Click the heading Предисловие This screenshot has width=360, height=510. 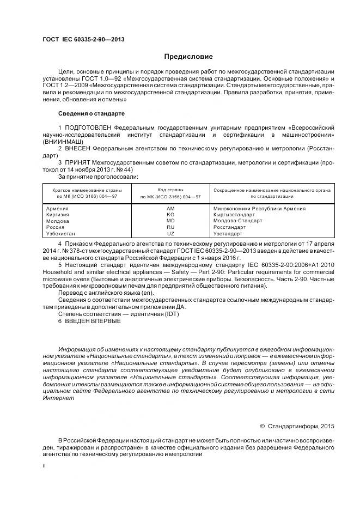click(188, 57)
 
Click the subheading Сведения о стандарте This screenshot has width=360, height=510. click(91, 113)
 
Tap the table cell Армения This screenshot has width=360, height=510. click(57, 209)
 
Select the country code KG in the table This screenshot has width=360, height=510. click(170, 215)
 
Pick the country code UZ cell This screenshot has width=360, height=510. click(170, 233)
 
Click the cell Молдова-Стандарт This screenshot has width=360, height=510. click(237, 221)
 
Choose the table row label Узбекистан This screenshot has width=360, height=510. click(61, 233)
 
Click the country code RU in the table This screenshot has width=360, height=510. click(170, 227)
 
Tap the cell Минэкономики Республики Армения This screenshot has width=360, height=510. click(259, 209)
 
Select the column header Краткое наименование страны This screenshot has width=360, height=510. click(87, 190)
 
